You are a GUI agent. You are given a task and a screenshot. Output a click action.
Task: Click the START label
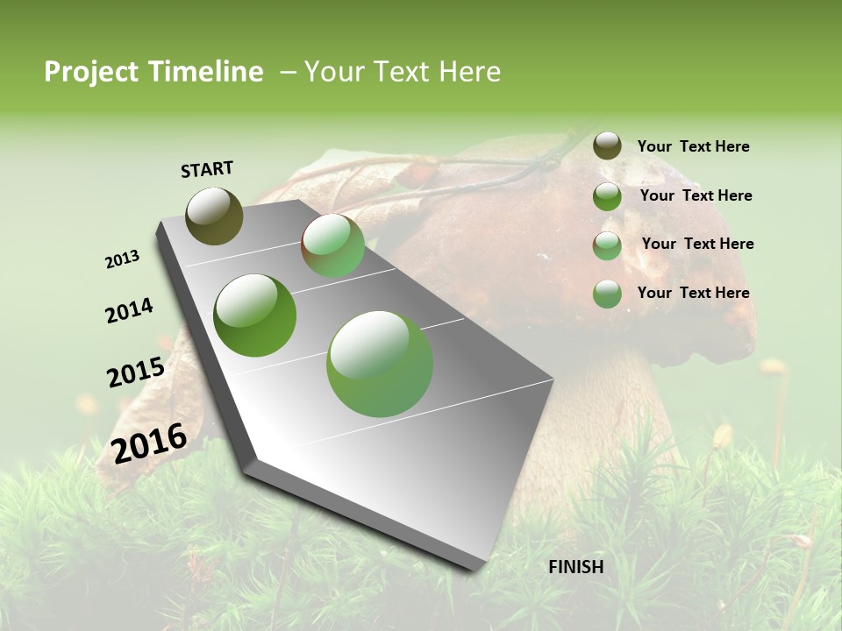click(207, 169)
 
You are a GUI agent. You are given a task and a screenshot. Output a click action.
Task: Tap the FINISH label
click(576, 567)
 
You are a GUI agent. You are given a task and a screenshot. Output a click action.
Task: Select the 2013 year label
click(122, 259)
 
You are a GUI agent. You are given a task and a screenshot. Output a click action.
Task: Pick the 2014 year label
click(129, 311)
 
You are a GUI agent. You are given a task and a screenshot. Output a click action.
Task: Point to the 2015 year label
click(136, 372)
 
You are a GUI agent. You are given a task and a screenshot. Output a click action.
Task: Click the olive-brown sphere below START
click(214, 216)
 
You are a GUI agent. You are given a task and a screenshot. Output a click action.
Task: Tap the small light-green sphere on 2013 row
click(333, 245)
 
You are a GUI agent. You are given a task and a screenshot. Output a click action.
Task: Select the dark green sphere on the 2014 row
click(254, 315)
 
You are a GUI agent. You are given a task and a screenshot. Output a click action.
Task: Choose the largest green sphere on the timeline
click(380, 364)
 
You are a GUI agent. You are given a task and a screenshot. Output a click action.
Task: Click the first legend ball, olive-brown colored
click(607, 145)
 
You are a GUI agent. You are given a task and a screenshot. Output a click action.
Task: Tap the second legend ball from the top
click(607, 196)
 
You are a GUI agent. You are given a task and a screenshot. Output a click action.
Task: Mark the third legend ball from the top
click(607, 245)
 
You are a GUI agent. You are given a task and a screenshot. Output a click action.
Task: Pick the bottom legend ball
click(607, 294)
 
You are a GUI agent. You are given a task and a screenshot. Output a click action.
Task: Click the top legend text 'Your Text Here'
click(693, 146)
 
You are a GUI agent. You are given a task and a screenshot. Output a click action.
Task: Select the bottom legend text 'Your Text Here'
click(693, 293)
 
